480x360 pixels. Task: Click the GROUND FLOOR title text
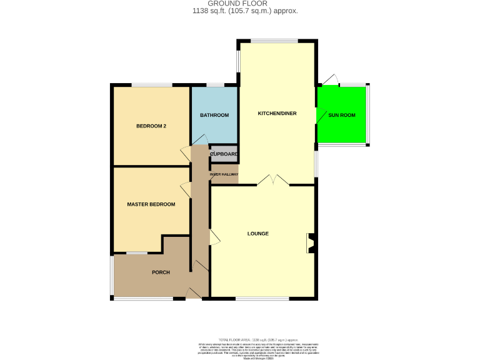[240, 3]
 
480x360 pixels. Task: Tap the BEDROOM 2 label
[151, 126]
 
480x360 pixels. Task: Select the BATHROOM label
[214, 116]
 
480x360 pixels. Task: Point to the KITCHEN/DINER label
[277, 114]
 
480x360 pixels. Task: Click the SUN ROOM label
[342, 116]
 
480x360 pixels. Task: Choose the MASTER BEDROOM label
[151, 204]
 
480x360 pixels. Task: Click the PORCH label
[161, 272]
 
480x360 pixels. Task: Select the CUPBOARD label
[224, 154]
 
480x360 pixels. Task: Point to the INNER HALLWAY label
[224, 174]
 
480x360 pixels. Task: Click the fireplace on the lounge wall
[310, 243]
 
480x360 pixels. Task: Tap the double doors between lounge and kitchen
[273, 181]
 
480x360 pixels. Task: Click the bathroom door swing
[202, 139]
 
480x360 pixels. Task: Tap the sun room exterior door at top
[331, 79]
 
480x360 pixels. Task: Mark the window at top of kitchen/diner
[275, 41]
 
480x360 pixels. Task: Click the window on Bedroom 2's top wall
[151, 85]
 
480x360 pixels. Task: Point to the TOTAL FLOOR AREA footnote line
[257, 339]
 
